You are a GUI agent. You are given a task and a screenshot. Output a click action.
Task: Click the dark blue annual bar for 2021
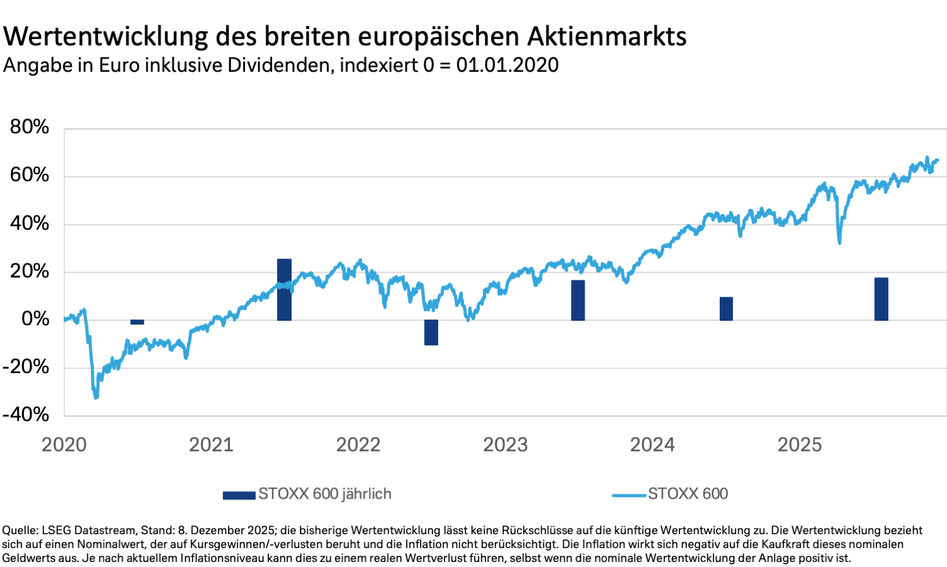pos(284,290)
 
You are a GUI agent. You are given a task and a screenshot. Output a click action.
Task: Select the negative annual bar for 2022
pos(431,332)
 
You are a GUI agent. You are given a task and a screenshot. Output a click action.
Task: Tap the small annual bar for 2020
pos(137,322)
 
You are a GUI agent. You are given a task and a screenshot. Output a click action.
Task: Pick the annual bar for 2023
pos(578,301)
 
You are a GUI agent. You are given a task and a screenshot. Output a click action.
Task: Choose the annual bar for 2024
pos(726,309)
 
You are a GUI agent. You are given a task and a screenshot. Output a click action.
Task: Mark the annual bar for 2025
pos(881,299)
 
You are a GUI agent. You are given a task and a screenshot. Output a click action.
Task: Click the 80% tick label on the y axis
pos(30,127)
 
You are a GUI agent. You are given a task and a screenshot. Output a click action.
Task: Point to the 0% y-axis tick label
pos(35,319)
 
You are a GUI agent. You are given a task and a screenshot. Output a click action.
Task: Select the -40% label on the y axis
pos(26,414)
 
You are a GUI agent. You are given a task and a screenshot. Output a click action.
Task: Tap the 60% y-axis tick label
pos(30,175)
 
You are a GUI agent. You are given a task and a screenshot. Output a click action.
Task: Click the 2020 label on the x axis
pos(64,445)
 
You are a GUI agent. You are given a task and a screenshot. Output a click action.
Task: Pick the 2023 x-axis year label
pos(505,445)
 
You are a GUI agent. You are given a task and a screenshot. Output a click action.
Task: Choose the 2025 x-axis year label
pos(799,445)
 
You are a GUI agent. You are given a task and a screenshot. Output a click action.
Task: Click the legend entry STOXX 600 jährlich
pos(325,494)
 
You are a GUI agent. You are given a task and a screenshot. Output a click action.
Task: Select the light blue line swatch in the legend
pos(629,495)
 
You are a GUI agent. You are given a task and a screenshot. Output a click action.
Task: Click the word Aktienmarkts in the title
pos(607,36)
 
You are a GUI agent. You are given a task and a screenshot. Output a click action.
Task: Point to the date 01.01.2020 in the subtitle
pos(508,65)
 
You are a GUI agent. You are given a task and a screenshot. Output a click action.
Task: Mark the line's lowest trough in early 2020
pos(96,398)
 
